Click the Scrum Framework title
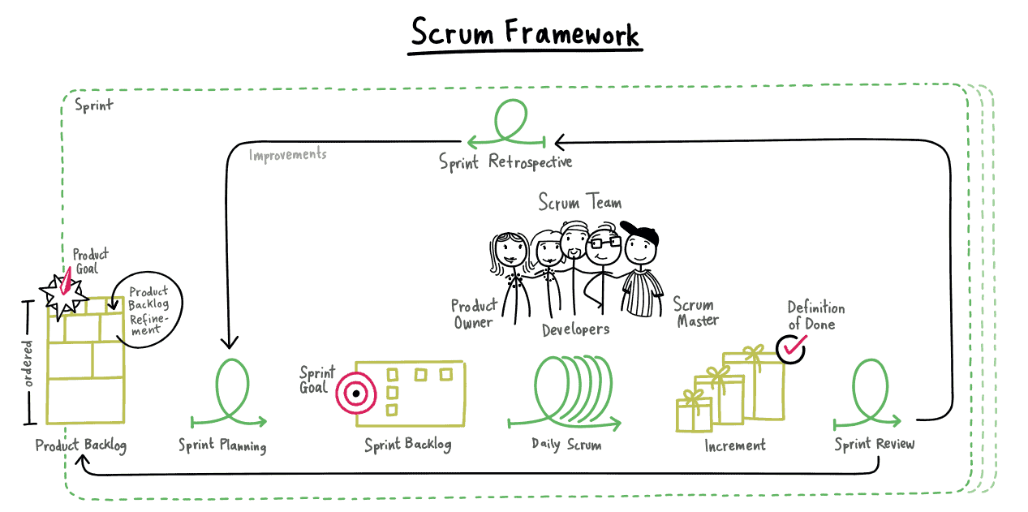525,34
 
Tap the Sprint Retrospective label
505,161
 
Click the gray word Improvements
287,154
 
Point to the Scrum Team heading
580,201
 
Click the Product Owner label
472,314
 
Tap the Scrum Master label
695,312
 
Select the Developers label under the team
575,329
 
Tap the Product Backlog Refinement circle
148,308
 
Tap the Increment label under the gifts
735,445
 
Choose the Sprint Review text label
874,444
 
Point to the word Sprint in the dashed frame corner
94,105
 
